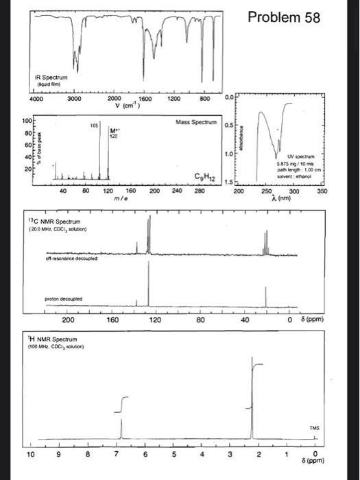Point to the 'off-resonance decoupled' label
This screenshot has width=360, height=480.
(56, 258)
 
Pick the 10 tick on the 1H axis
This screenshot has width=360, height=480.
(29, 454)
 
